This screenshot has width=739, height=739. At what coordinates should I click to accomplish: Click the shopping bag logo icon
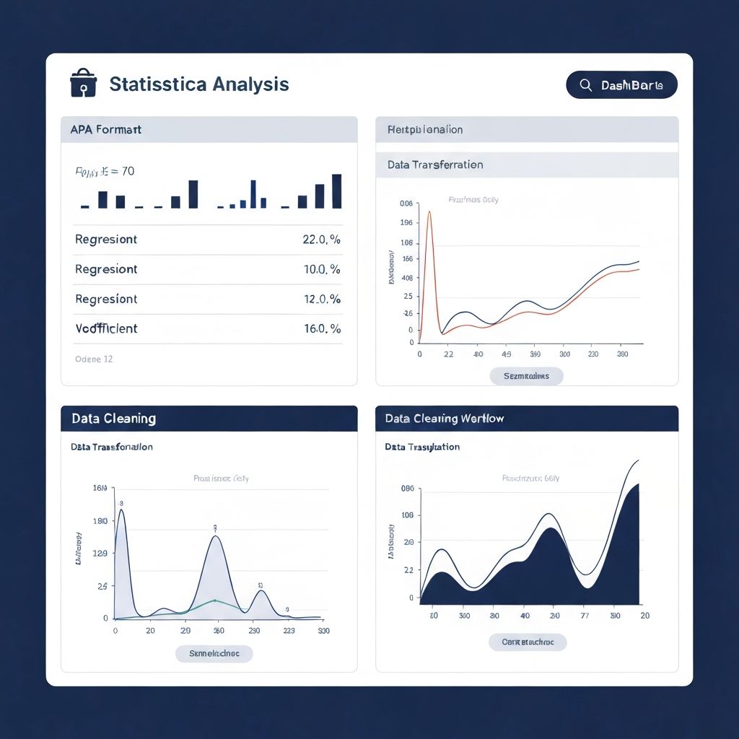pos(83,83)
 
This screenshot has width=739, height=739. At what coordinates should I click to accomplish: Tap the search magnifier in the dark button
pos(586,85)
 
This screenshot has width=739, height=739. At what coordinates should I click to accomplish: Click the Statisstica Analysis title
pos(199,84)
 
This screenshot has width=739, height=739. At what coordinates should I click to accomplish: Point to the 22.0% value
pos(321,240)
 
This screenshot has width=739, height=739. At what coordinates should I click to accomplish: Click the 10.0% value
pos(321,269)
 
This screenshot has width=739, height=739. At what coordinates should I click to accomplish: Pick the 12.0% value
pos(321,299)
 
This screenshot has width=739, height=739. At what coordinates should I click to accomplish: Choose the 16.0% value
pos(321,328)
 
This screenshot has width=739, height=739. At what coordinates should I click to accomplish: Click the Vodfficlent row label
pos(106,328)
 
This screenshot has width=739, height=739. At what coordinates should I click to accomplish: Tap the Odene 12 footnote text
pos(94,359)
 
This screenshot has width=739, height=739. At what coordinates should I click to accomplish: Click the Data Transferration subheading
pos(435,165)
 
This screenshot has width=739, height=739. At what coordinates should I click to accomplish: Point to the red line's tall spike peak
pos(429,212)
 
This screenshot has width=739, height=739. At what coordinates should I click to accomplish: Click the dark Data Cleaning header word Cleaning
pos(129,419)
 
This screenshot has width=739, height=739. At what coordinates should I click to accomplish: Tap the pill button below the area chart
pos(528,642)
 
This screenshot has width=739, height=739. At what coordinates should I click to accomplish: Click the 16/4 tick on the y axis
pos(100,489)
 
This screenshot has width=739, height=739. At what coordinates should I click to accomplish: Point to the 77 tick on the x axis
pos(585,616)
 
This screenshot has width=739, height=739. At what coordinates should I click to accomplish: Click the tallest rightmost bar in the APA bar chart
pos(336,191)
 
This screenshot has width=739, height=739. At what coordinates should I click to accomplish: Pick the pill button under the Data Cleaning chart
pos(214,653)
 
